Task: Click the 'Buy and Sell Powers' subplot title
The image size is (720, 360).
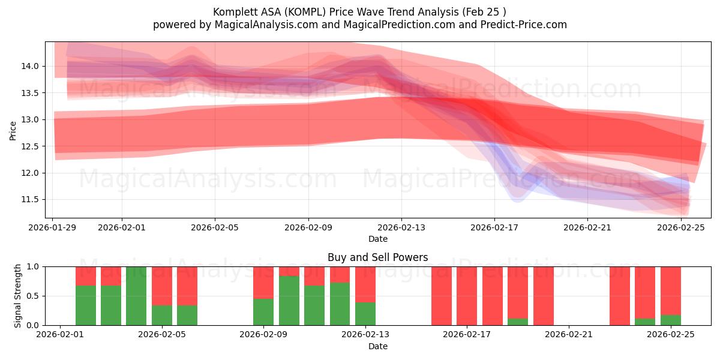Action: [x=377, y=257]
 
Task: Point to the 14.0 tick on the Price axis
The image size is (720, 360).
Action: [x=31, y=66]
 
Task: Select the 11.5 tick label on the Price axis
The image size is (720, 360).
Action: [x=31, y=199]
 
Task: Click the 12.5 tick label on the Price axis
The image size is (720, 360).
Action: [x=31, y=146]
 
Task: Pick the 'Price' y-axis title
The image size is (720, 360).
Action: [x=13, y=130]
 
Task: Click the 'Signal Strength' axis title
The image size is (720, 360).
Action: [x=18, y=295]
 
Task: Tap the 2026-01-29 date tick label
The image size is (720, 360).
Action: [x=53, y=227]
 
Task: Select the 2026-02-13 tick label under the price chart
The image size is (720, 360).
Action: [x=401, y=227]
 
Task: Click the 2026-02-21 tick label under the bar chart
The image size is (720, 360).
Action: [x=568, y=335]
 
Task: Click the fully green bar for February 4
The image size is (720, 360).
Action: [x=136, y=296]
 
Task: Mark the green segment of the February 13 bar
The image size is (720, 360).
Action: [x=365, y=313]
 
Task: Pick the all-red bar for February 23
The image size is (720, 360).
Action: [x=619, y=296]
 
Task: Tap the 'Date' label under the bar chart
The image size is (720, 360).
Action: [x=377, y=346]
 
